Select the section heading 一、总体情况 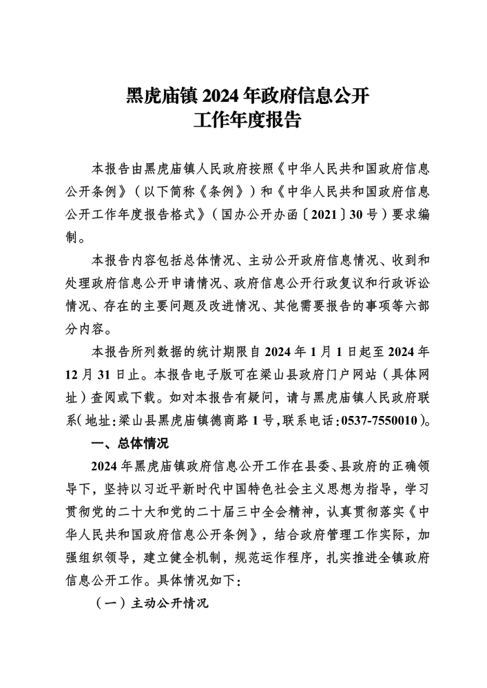tap(129, 441)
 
